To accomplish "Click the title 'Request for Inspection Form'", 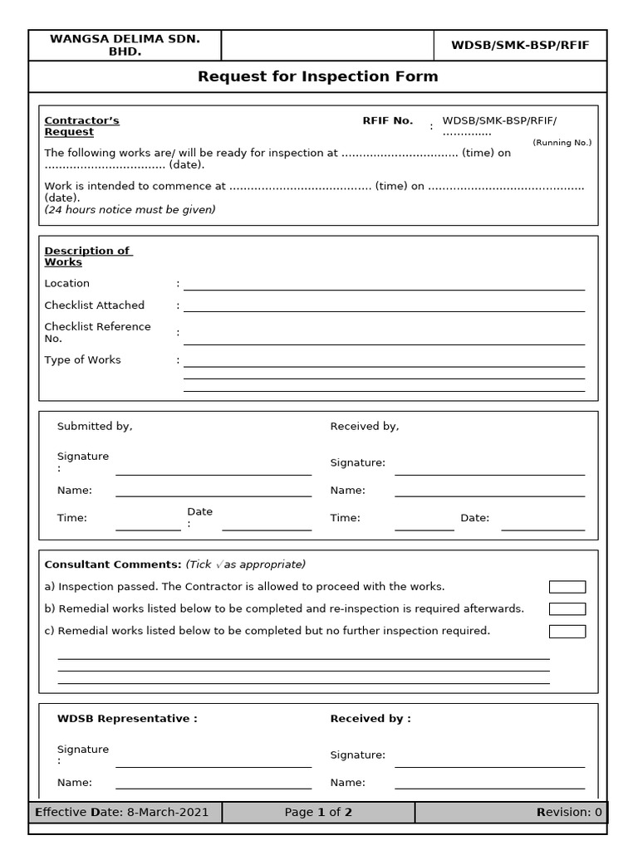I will (317, 77).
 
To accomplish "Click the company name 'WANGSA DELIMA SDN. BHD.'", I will (125, 45).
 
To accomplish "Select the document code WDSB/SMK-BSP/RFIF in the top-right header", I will (520, 46).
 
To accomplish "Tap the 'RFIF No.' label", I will (387, 121).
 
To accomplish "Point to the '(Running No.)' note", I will (562, 143).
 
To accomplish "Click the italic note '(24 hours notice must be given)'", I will (130, 210).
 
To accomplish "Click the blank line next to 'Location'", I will (384, 285).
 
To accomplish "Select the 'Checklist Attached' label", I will (94, 305).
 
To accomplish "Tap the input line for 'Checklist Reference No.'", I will (384, 339).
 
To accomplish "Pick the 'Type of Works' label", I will (82, 360).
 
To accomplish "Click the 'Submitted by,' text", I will (95, 427).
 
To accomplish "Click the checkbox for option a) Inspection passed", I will (567, 587).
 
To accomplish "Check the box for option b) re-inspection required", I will (567, 609).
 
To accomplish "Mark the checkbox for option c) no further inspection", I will (567, 632).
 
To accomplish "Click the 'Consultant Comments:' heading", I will (113, 564).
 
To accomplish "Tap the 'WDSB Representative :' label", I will (127, 719).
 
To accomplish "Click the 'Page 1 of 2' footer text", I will (318, 813).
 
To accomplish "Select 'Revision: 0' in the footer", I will (569, 813).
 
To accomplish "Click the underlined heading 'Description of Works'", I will (87, 256).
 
